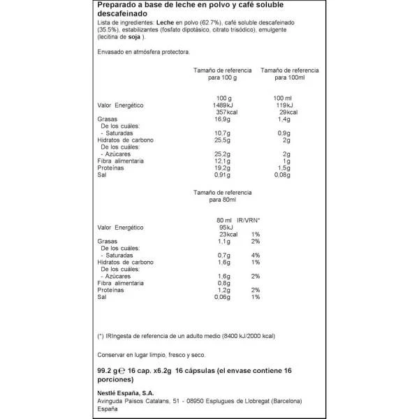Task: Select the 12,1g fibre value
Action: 221,162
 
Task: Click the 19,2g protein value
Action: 221,169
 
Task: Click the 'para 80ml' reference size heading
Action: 221,200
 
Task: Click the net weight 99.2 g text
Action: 108,372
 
